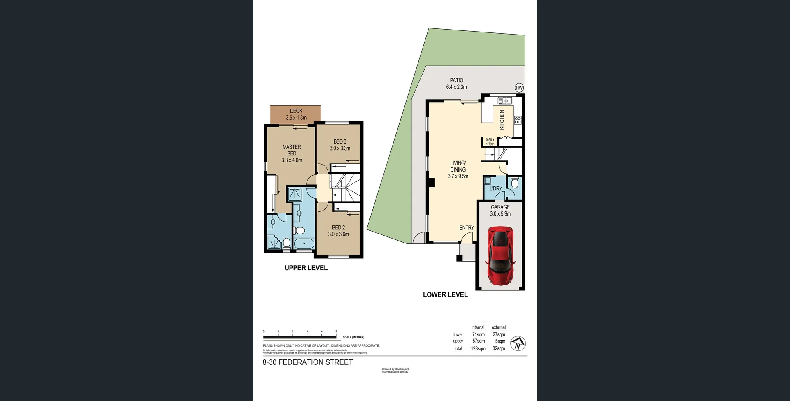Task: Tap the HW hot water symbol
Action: [x=519, y=88]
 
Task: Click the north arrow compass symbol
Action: [x=518, y=343]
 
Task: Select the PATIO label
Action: [x=456, y=80]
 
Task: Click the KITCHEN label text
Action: [x=502, y=120]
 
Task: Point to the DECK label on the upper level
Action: [x=296, y=111]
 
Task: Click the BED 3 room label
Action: [x=340, y=141]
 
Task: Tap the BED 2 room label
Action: [x=338, y=227]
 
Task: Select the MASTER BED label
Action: [x=292, y=150]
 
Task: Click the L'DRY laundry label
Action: [x=496, y=188]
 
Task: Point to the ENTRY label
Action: [x=467, y=228]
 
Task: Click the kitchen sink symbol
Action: [x=505, y=100]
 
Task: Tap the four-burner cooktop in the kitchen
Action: [x=518, y=120]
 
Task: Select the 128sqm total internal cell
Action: [x=478, y=348]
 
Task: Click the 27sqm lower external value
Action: [x=499, y=334]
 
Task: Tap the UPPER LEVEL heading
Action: [x=306, y=268]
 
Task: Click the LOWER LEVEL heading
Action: [x=445, y=294]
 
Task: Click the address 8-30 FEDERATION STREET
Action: [x=308, y=362]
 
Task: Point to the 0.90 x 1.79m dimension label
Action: [x=490, y=142]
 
